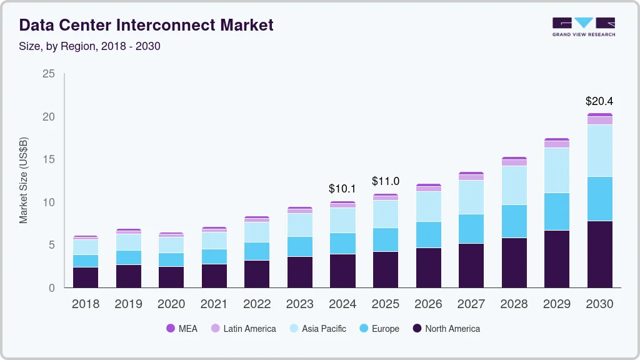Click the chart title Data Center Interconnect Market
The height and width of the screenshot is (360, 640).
(146, 26)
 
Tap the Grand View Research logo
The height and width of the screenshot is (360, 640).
(584, 27)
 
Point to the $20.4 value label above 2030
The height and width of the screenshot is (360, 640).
(599, 101)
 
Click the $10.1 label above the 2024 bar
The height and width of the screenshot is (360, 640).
(342, 188)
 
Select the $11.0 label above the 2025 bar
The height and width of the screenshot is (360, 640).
(385, 181)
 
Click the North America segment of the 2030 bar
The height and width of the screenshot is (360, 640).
(599, 254)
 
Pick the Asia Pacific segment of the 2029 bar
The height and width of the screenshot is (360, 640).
(556, 170)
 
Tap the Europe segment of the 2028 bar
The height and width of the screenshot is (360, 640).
(514, 221)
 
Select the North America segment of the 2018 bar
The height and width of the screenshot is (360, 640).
(86, 277)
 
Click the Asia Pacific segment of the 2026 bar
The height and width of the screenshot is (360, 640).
(428, 206)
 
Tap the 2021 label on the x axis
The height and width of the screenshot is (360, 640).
(214, 304)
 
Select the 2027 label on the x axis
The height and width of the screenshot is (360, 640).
(471, 304)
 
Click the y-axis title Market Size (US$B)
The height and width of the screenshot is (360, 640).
(24, 181)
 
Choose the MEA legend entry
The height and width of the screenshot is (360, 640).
(182, 328)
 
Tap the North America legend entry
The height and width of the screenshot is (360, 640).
(446, 328)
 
